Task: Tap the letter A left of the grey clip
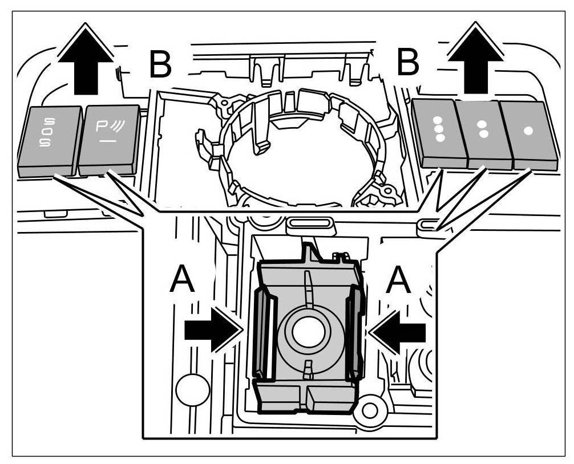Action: coord(183,282)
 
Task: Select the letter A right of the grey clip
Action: coord(399,281)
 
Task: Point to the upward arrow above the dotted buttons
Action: coord(475,60)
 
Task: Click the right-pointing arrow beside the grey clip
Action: coord(214,330)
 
